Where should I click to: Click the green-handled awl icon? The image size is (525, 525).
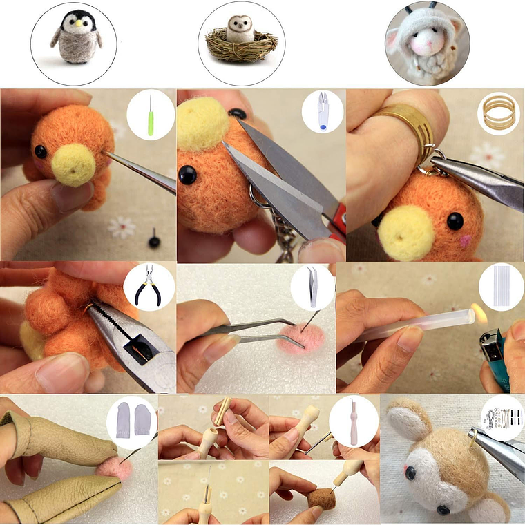click(x=150, y=114)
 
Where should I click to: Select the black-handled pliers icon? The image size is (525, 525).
click(x=149, y=285)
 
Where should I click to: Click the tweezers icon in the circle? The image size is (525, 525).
click(x=312, y=286)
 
